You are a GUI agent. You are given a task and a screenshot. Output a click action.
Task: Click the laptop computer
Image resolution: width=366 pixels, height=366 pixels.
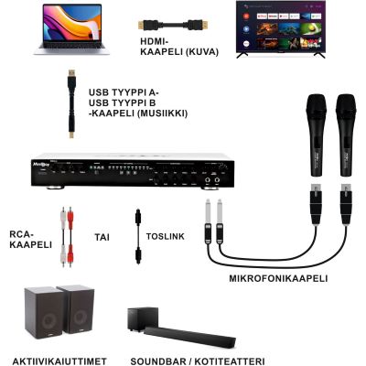71,29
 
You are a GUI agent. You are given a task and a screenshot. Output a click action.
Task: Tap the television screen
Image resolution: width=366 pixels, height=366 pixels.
281,27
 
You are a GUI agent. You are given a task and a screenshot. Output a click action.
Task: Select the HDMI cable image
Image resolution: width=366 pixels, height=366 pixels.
173,25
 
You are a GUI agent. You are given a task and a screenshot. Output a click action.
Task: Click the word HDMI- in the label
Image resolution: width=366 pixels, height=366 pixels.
155,41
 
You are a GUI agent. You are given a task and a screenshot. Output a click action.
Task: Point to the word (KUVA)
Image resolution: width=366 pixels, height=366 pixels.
202,52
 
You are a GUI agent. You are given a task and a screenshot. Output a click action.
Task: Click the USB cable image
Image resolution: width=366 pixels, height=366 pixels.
71,103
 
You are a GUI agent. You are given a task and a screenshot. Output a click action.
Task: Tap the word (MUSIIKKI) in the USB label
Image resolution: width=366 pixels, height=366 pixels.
161,113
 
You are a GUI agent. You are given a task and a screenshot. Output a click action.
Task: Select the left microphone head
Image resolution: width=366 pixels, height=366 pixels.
316,106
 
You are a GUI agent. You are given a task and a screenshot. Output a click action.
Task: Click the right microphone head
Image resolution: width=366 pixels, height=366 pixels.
346,106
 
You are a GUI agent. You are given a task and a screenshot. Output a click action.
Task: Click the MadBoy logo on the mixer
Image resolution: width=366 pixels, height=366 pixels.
39,164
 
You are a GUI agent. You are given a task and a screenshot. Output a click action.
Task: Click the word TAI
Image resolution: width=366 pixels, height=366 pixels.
102,237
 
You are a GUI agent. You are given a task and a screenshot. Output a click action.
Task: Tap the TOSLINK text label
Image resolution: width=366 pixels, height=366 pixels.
166,236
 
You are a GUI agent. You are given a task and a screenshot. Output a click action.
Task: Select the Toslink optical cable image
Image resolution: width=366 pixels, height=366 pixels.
138,237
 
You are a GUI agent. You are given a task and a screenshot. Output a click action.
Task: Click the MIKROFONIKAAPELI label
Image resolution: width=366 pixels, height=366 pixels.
278,278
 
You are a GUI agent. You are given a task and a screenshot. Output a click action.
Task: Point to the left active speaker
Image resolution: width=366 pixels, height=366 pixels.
43,313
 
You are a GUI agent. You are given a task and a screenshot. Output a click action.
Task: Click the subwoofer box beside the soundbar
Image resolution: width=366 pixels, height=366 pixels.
143,318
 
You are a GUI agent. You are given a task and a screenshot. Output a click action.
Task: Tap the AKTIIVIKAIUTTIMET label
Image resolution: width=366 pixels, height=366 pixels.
59,361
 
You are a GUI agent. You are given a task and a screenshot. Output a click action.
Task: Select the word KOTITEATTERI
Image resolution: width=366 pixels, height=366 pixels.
230,361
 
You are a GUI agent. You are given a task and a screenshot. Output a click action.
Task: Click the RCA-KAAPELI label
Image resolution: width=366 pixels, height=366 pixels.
30,240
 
